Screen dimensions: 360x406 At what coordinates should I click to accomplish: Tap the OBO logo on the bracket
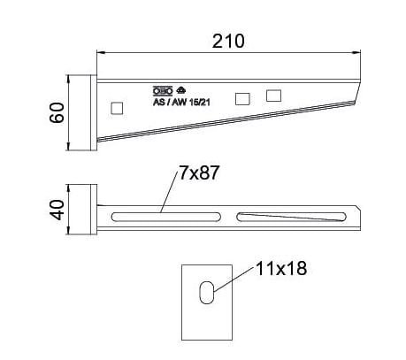[162, 90]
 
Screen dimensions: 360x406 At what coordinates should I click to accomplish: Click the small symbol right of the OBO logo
[180, 90]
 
